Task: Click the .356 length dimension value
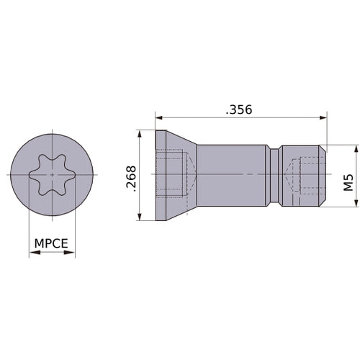click(239, 109)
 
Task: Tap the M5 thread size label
click(348, 182)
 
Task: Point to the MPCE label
click(51, 243)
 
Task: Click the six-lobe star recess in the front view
click(53, 174)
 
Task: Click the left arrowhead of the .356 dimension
click(159, 117)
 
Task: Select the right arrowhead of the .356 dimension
click(323, 117)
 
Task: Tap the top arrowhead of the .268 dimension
click(140, 134)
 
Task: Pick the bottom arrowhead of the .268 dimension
click(140, 217)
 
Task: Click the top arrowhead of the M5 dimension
click(356, 149)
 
